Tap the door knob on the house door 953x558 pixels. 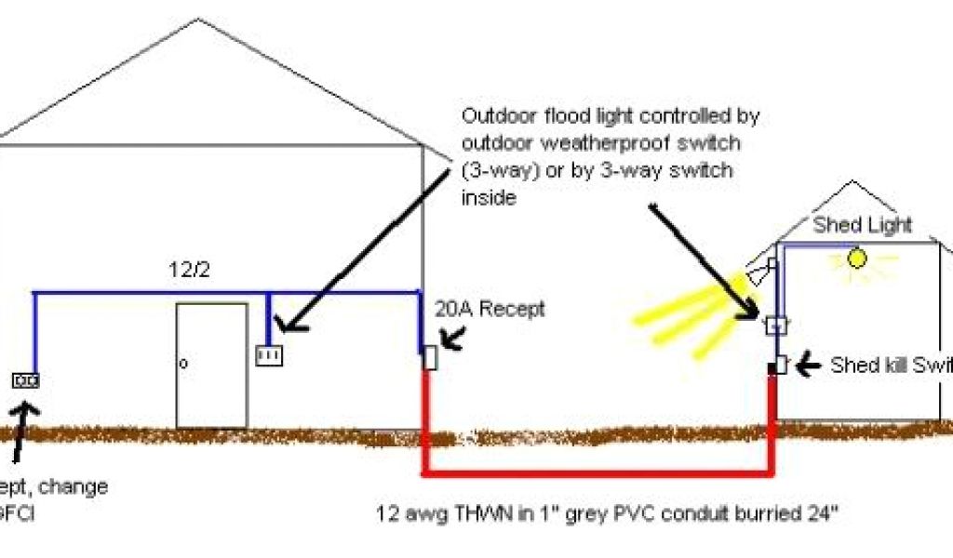pyautogui.click(x=183, y=364)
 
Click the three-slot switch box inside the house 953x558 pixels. pyautogui.click(x=269, y=354)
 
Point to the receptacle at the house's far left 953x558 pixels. pyautogui.click(x=25, y=379)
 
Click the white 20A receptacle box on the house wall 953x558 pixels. pyautogui.click(x=429, y=357)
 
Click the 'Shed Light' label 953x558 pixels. pyautogui.click(x=863, y=225)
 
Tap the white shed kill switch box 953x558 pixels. pyautogui.click(x=782, y=365)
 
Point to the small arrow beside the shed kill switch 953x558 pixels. pyautogui.click(x=810, y=365)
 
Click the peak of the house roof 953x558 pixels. pyautogui.click(x=197, y=20)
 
